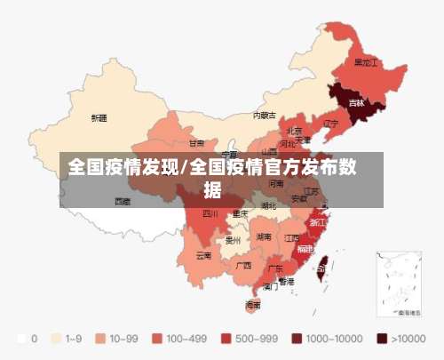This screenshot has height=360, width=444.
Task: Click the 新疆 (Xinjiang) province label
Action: point(99,117)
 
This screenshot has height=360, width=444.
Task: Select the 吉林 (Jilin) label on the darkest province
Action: point(356,103)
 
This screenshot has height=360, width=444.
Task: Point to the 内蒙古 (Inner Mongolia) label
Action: point(264,115)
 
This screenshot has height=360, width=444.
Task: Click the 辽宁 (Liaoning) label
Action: point(330,124)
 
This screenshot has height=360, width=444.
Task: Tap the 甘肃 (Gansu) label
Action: point(196,142)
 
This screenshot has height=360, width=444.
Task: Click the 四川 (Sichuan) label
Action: point(210,213)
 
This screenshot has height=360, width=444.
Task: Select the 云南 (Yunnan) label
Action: point(203,255)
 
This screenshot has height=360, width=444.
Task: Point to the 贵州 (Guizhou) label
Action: point(234,239)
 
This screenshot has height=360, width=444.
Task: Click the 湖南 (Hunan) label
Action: point(264,237)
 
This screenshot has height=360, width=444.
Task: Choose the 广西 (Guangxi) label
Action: point(242,265)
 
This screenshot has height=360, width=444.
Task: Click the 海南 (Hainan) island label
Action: point(253,304)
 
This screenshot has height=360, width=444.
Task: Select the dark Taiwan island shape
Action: point(322,264)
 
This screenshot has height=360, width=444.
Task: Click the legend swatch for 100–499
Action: point(156,339)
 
